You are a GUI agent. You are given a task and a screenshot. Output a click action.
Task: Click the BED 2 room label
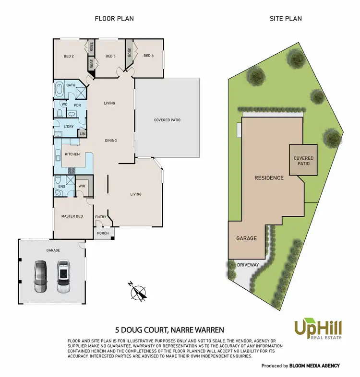(x=68, y=56)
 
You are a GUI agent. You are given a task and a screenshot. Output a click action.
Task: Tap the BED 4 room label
(x=148, y=56)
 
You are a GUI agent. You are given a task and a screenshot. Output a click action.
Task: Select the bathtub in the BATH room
(x=60, y=90)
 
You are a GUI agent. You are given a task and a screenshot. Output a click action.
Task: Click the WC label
(x=63, y=104)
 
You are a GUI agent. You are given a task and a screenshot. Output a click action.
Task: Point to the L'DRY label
(x=69, y=127)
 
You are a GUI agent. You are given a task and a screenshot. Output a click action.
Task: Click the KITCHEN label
(x=72, y=154)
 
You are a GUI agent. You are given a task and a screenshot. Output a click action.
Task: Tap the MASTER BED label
(x=72, y=216)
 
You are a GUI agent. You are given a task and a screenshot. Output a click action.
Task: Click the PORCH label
(x=103, y=234)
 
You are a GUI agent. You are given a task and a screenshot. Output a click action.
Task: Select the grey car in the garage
(x=40, y=277)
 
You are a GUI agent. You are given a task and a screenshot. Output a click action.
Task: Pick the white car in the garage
(x=63, y=277)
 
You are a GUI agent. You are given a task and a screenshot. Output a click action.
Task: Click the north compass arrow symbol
(x=139, y=292)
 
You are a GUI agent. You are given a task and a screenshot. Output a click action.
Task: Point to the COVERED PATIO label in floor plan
(x=167, y=120)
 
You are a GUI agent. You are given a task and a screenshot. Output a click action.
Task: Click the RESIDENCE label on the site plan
(x=269, y=177)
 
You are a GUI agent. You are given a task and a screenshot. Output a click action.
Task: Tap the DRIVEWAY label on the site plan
(x=248, y=264)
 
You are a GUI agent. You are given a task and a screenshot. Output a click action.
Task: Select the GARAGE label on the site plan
(x=246, y=238)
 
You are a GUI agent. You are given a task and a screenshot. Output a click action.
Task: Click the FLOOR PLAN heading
(x=114, y=19)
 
